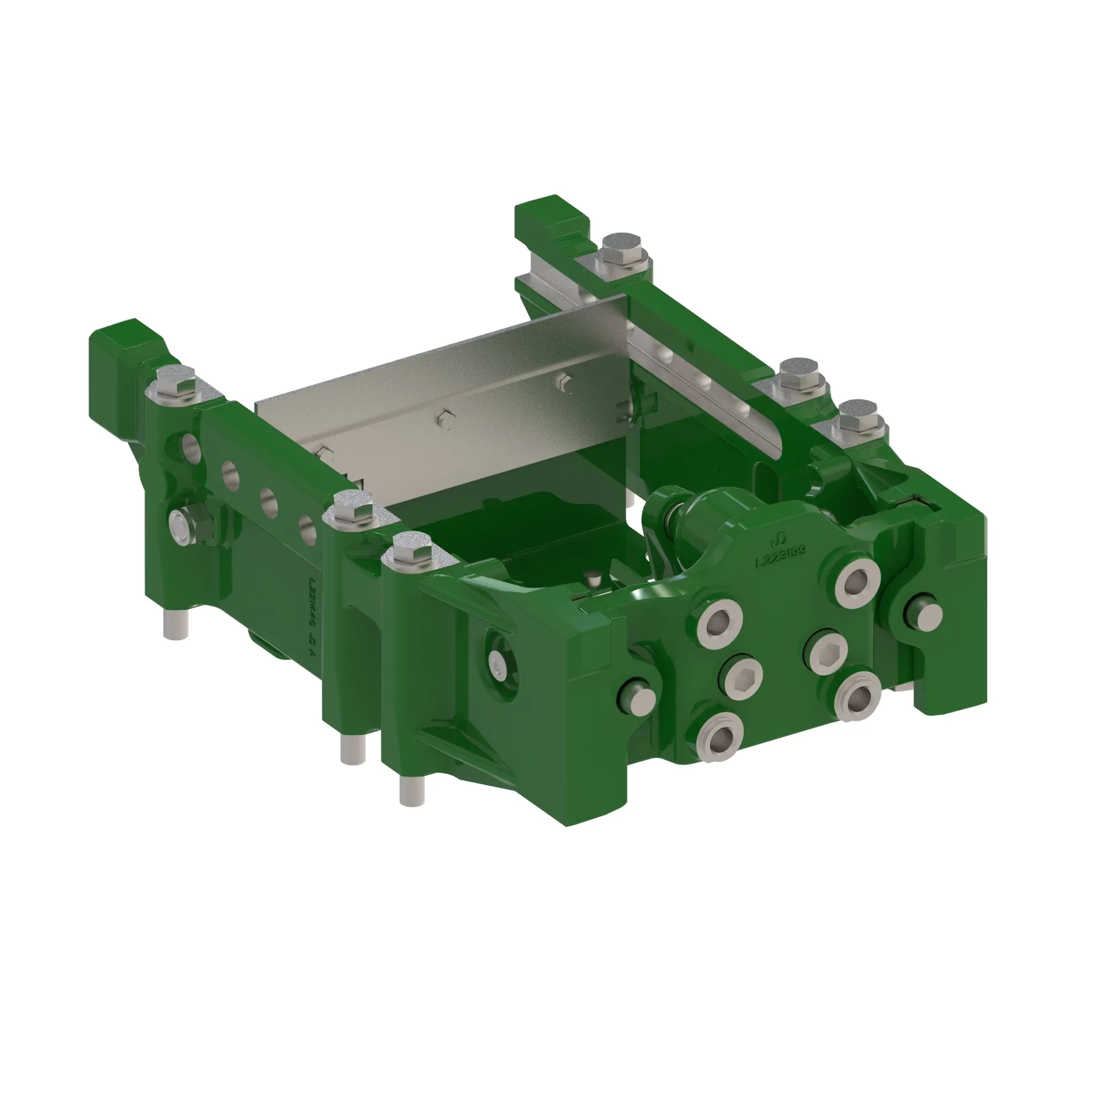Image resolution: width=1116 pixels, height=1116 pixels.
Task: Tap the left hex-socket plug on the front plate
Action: click(741, 676)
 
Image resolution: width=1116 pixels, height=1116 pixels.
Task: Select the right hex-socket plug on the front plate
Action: click(826, 652)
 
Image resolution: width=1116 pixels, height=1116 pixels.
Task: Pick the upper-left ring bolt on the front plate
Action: click(720, 623)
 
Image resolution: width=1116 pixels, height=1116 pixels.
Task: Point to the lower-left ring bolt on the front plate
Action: click(720, 738)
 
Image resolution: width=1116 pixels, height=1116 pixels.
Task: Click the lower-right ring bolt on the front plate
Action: click(857, 696)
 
